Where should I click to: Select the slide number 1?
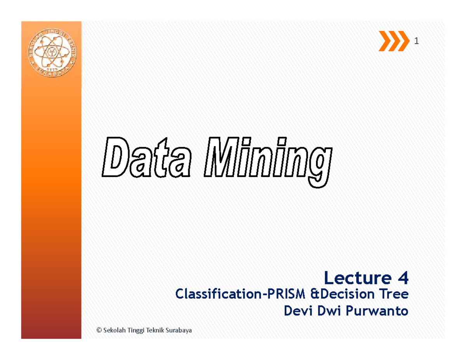(x=416, y=42)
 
